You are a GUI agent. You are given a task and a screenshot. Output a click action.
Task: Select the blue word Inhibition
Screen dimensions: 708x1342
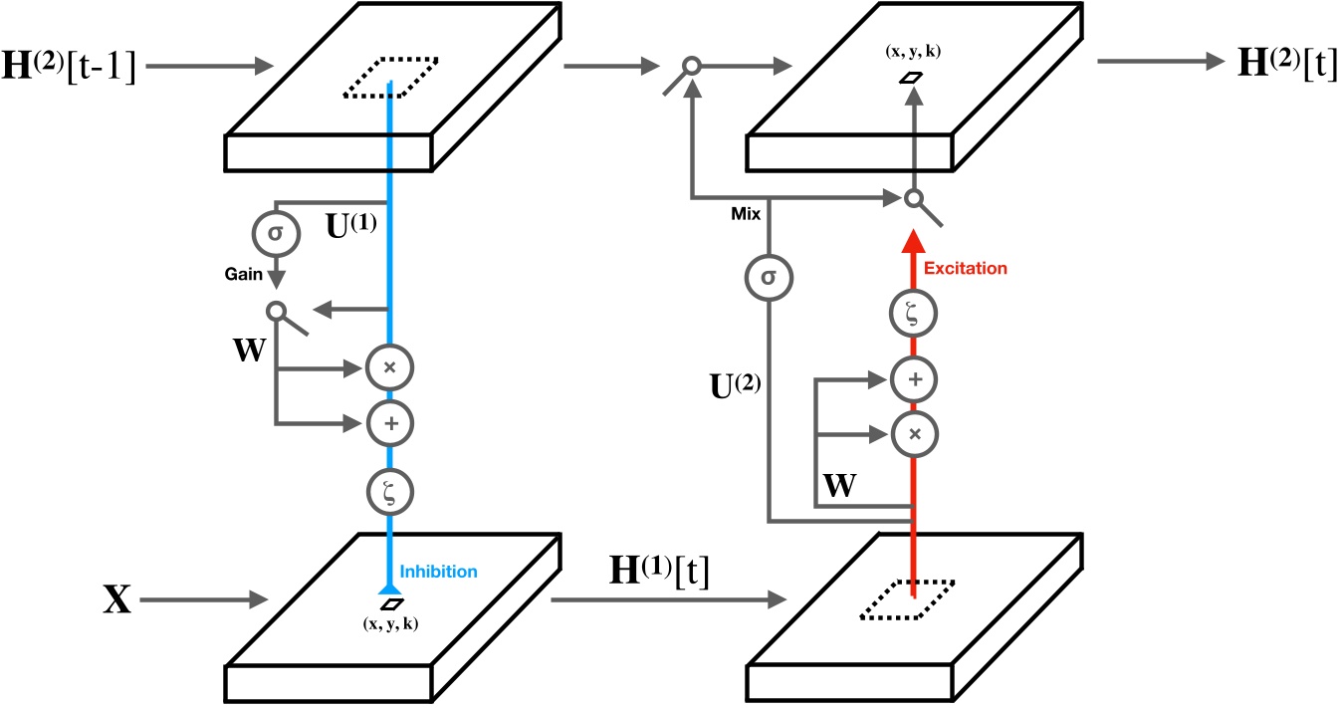[438, 572]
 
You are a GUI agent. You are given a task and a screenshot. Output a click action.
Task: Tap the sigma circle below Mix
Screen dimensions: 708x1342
[770, 274]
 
